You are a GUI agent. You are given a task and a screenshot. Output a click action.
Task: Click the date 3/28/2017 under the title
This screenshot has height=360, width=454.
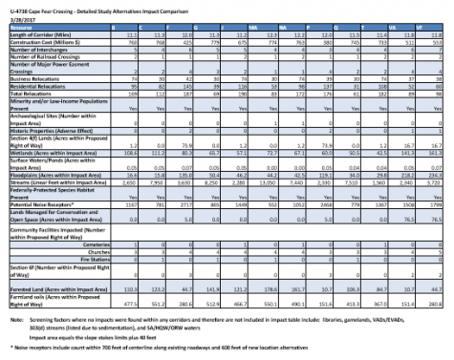20,17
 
